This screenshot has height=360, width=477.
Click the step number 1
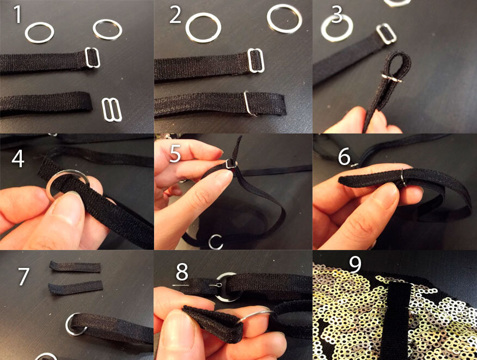tap(17, 15)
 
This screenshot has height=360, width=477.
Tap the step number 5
tap(175, 154)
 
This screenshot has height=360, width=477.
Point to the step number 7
tap(23, 276)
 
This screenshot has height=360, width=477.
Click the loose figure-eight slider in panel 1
tap(112, 110)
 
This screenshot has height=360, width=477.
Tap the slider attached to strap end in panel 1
tap(92, 58)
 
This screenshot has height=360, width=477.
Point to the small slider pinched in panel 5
tap(231, 164)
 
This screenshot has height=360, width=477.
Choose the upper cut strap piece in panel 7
tap(75, 266)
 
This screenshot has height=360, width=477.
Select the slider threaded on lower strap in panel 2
tap(249, 103)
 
